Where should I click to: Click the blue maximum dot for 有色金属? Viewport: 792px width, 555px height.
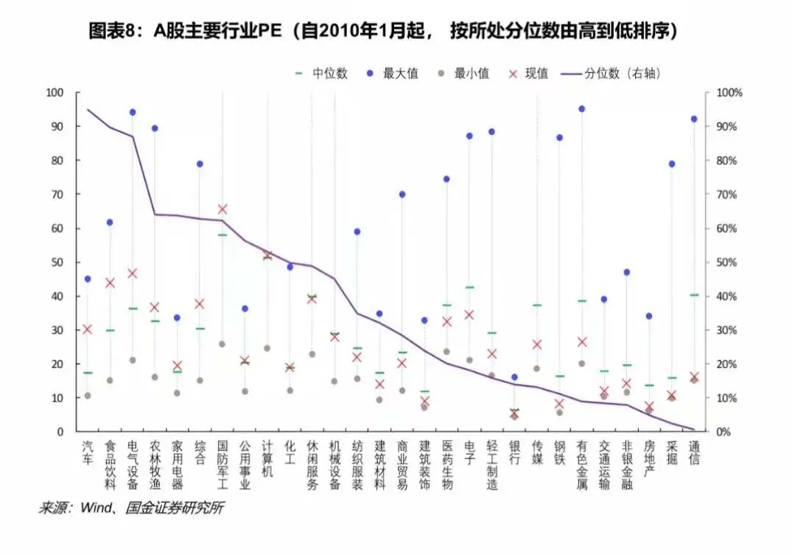coord(581,109)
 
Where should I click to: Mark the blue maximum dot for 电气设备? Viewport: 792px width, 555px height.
coord(133,112)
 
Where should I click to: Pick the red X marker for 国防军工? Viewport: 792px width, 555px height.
coord(222,209)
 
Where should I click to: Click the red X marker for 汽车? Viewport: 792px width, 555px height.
coord(88,329)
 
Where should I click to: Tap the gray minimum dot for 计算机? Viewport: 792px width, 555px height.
coord(267,348)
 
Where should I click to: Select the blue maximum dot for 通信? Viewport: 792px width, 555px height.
coord(693,119)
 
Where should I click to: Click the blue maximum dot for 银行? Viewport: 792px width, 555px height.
coord(514,377)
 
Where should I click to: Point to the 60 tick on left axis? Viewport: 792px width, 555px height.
coord(55,228)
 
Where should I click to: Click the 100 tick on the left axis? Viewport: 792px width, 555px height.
coord(54,93)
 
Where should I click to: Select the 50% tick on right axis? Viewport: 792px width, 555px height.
coord(726,262)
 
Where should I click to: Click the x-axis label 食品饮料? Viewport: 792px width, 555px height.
coord(111,464)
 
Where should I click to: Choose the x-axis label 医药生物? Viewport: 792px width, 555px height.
coord(446,464)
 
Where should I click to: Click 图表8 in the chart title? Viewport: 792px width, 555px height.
coord(113,31)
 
